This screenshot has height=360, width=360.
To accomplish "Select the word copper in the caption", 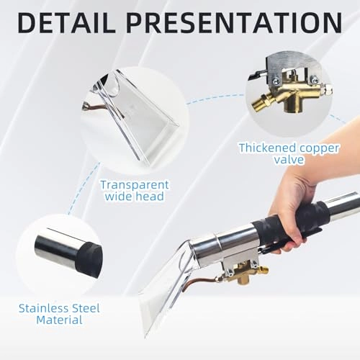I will pos(320,148).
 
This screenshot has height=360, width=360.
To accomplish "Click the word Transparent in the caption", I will pos(133,184).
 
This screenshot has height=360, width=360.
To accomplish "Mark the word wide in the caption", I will pos(116,197).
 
